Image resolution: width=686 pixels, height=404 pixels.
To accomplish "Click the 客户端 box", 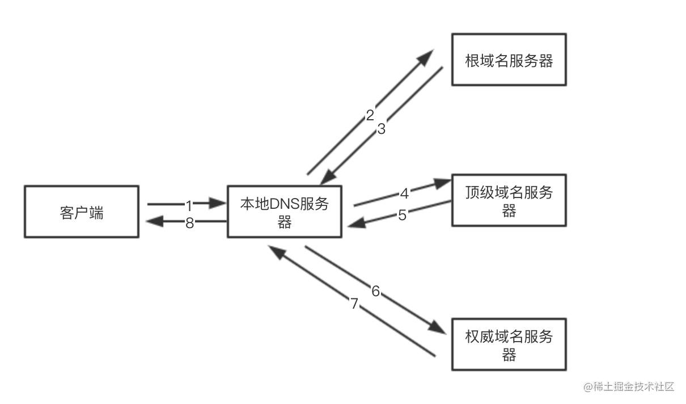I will [x=82, y=211].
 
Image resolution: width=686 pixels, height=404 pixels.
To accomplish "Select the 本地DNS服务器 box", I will [x=284, y=211].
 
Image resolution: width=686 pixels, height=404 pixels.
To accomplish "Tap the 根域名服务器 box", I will [x=509, y=60].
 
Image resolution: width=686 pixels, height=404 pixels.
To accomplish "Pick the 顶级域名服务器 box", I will [x=509, y=201].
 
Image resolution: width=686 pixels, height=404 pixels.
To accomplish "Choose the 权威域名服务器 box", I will [x=509, y=344].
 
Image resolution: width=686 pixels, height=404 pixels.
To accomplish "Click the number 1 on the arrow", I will [x=189, y=203].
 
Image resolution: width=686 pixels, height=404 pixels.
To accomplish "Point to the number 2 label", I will [x=370, y=116].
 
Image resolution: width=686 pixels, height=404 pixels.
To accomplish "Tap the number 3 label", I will [x=382, y=129].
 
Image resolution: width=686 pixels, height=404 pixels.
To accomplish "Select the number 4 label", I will [x=404, y=193].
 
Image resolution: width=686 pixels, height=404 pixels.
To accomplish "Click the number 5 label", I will [x=402, y=216].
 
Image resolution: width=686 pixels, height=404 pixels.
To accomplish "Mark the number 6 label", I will [x=376, y=292].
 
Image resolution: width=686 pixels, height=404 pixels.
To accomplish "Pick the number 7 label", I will [x=355, y=304].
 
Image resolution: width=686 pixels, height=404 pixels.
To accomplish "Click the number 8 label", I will [x=189, y=223].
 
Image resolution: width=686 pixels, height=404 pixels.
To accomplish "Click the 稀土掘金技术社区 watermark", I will [x=629, y=387].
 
